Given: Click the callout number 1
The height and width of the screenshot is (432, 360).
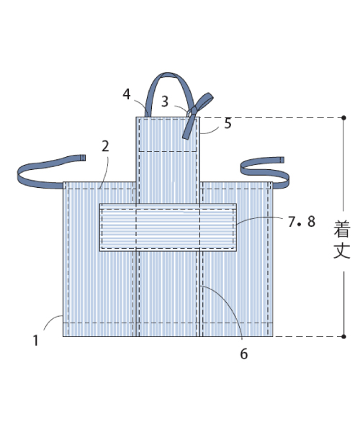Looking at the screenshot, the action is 35,341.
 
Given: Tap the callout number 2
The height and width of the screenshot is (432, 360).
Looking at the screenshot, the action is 105,146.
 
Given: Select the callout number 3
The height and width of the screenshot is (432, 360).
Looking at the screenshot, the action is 165,102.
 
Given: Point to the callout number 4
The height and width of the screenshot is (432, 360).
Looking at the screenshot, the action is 127,94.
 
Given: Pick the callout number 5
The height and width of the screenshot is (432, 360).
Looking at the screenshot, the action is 228,123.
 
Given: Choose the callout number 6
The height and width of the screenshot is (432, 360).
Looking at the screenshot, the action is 244,354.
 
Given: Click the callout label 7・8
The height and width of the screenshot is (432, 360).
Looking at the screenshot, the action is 302,222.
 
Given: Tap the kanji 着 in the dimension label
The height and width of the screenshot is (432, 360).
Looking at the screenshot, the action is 342,228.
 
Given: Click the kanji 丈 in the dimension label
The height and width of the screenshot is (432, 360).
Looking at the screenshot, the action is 342,250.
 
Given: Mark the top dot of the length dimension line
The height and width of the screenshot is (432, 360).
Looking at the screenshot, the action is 343,118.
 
